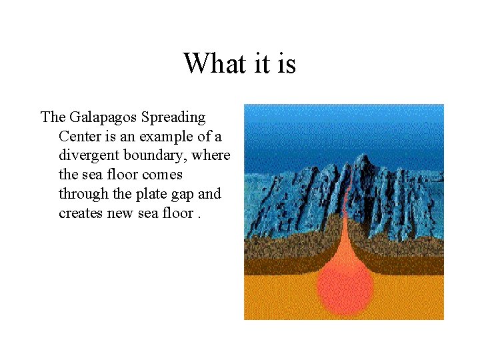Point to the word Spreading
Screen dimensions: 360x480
pyautogui.click(x=174, y=118)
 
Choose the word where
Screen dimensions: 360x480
pyautogui.click(x=212, y=156)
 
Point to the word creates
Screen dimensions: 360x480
pyautogui.click(x=81, y=213)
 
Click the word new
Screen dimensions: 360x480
pyautogui.click(x=120, y=213)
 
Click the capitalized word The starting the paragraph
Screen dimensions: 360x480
pyautogui.click(x=52, y=118)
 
